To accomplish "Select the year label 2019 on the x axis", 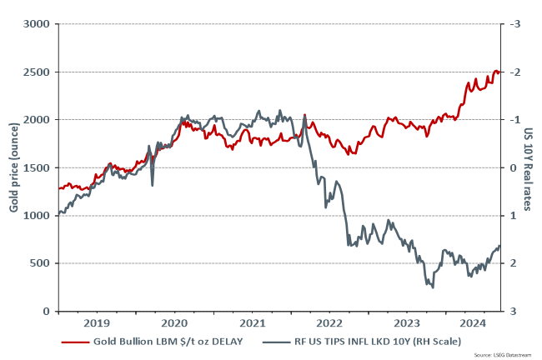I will (97, 323).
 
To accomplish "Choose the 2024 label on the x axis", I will (473, 323).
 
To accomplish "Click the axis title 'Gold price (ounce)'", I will (14, 167).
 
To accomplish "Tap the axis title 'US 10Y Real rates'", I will (529, 167).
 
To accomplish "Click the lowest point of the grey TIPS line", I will (432, 287).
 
